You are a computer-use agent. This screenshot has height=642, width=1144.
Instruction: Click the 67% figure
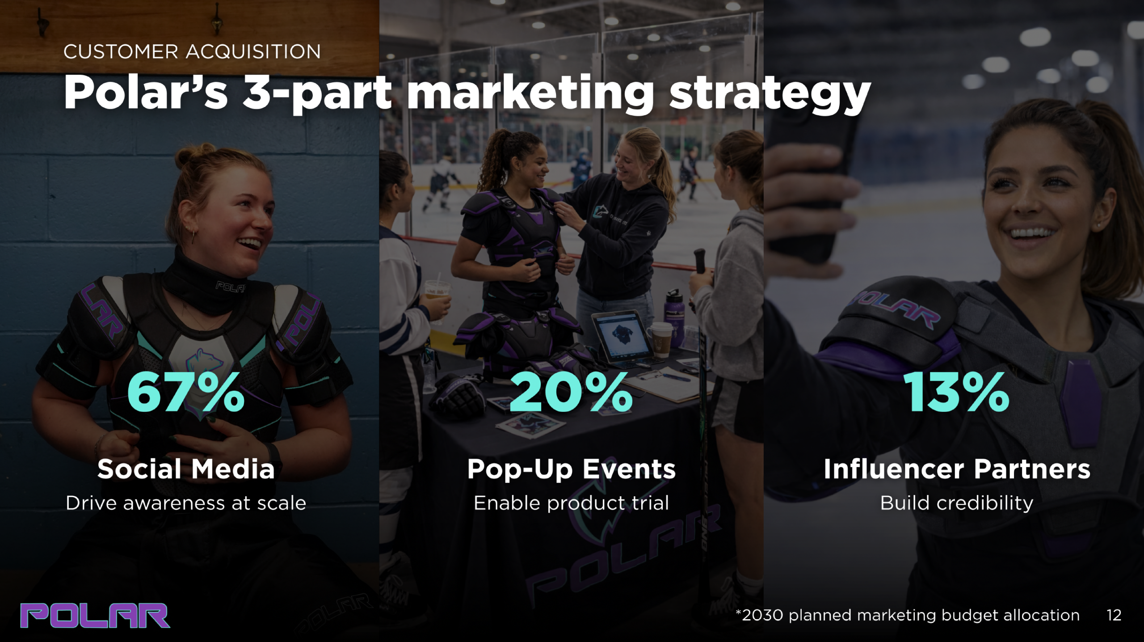(186, 393)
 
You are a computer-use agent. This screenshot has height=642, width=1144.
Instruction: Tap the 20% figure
(571, 393)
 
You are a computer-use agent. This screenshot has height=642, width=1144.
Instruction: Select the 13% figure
(956, 393)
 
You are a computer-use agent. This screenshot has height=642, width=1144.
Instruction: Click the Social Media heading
(186, 469)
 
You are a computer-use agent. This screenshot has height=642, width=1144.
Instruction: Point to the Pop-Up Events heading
(571, 470)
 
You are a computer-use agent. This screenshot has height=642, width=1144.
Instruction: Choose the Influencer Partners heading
(957, 469)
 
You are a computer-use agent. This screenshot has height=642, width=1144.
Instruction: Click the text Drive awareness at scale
(186, 503)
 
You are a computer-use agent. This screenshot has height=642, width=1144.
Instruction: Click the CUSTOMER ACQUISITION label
(192, 52)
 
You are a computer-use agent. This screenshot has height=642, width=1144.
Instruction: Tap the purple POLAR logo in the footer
(95, 616)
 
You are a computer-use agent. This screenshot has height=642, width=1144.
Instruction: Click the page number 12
(1114, 615)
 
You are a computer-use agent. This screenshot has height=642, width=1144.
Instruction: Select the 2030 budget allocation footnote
(908, 616)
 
